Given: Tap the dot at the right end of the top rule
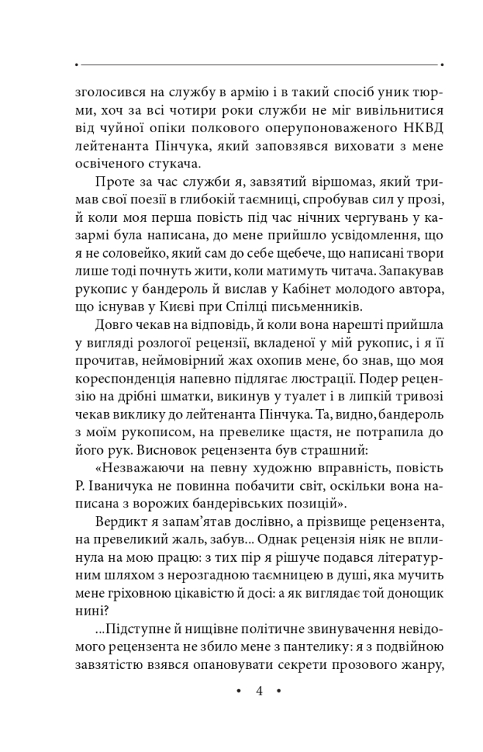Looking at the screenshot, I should pos(442,65).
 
